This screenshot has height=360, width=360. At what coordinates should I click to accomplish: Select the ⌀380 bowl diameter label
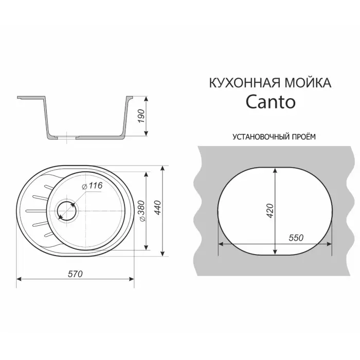click(x=151, y=212)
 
